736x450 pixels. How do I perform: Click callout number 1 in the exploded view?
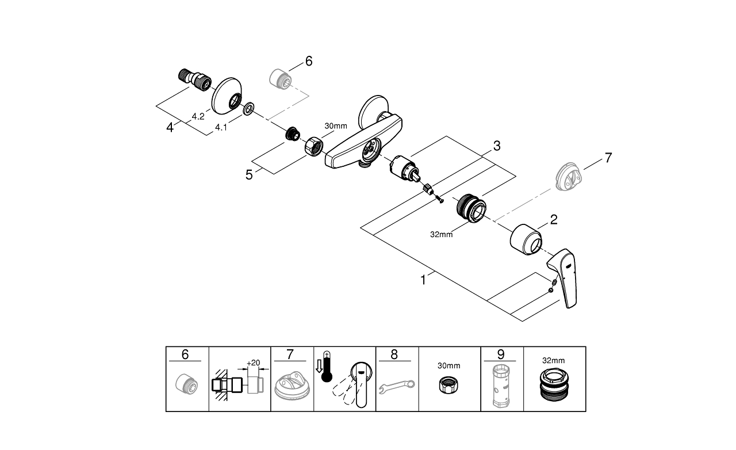point(424,280)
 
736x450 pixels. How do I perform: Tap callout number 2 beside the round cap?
point(553,219)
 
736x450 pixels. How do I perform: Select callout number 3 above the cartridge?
point(496,146)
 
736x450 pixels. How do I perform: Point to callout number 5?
point(249,174)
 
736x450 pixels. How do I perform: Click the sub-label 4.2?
point(198,116)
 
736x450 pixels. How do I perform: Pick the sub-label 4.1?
point(221,128)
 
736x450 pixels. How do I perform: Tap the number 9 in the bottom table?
point(501,354)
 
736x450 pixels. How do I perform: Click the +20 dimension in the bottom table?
point(253,363)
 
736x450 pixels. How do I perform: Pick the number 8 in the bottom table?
point(394,354)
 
